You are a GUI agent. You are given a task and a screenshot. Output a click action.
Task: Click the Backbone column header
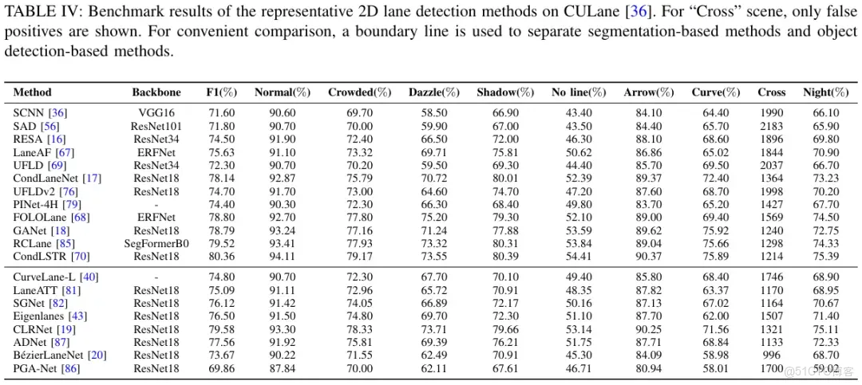[156, 92]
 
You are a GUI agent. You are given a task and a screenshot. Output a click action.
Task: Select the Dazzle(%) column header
[434, 92]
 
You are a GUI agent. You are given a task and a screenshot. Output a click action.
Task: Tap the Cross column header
[771, 92]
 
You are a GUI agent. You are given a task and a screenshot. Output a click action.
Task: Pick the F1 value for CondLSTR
[222, 257]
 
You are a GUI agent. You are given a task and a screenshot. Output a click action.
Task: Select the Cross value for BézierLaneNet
[771, 356]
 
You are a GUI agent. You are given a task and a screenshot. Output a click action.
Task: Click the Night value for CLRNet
[825, 329]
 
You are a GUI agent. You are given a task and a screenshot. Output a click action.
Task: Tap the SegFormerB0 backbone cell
[156, 243]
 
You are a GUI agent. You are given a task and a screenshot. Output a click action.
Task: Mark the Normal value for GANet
[282, 230]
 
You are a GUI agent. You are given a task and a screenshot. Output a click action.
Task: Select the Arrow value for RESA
[643, 139]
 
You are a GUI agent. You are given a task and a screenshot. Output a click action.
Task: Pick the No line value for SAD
[569, 126]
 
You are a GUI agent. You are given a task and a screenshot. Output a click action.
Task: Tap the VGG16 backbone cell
[156, 113]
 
